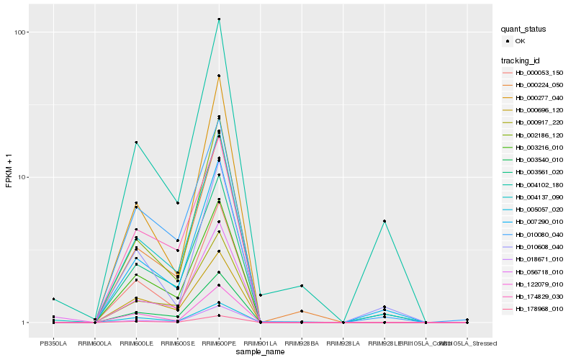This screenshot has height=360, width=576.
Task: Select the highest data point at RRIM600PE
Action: point(219,19)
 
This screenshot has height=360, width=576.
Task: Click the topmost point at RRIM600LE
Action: point(136,143)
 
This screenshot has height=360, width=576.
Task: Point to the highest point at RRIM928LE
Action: point(384,221)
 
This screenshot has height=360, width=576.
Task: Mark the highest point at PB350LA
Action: point(53,299)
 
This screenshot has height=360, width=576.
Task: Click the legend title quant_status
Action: point(524,30)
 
